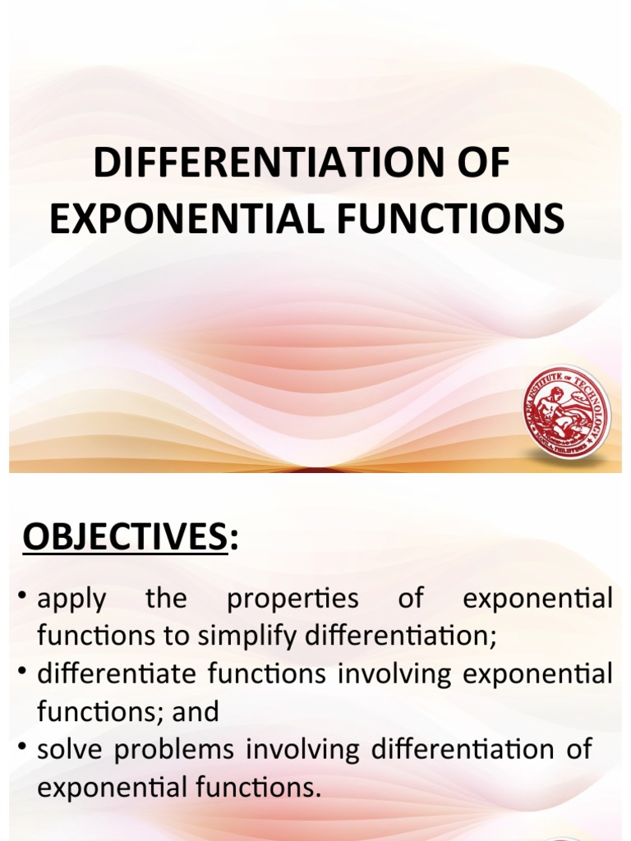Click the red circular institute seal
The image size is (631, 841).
(566, 412)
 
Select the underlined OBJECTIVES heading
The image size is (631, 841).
(124, 538)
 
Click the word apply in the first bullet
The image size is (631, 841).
(71, 599)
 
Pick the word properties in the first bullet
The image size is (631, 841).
(292, 599)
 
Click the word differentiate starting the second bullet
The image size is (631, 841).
(117, 674)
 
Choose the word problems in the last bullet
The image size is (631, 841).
(174, 750)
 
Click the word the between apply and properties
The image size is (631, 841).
(166, 599)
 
